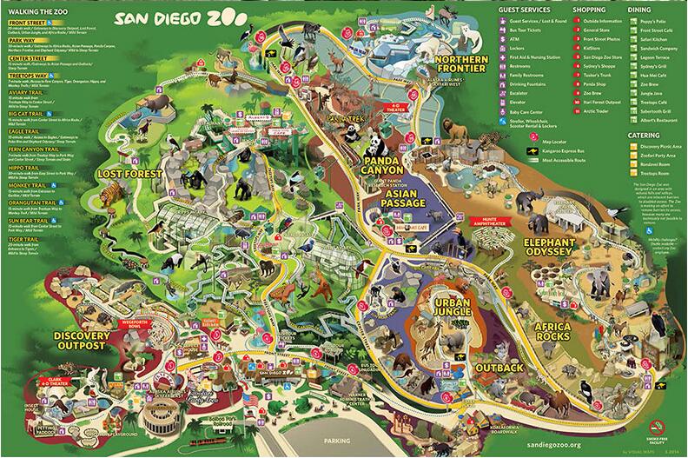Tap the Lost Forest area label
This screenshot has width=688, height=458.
click(130, 175)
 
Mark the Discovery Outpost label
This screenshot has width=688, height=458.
click(81, 340)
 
